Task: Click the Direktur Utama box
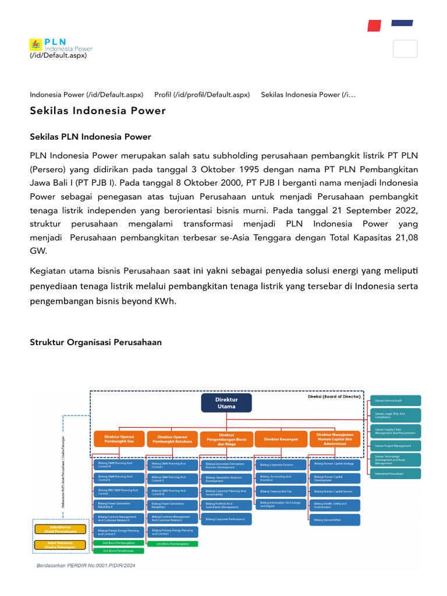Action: tap(226, 403)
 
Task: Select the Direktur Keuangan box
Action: tap(281, 439)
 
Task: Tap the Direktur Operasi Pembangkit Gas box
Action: tap(119, 439)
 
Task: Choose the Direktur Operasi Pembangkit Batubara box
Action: tap(172, 439)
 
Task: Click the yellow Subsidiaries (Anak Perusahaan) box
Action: tap(61, 529)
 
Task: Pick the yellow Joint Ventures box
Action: tap(61, 545)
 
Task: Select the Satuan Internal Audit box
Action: tap(395, 400)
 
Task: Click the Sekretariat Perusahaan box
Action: tap(395, 474)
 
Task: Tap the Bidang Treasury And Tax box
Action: tap(281, 492)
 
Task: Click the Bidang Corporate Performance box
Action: tap(226, 518)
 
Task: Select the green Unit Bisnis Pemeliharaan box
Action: tap(119, 550)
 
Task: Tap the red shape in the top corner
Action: tap(374, 26)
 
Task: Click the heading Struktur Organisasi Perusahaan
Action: tap(95, 342)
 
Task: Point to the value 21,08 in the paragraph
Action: tap(406, 237)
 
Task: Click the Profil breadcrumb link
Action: tap(202, 94)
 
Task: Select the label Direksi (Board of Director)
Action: tap(334, 396)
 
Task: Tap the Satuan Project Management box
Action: tap(395, 445)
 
